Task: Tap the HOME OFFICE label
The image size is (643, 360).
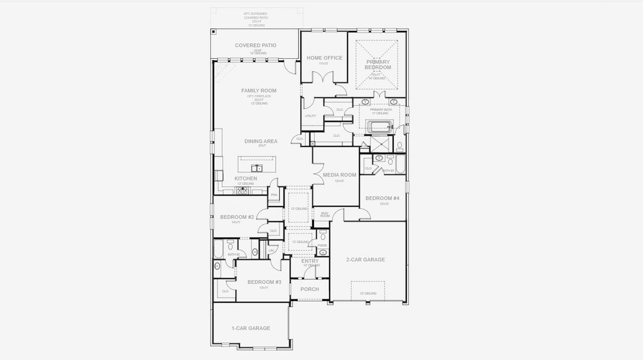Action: click(324, 58)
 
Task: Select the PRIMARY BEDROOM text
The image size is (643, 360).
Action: click(378, 64)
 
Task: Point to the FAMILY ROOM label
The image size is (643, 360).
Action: click(259, 91)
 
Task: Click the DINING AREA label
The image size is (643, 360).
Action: click(261, 142)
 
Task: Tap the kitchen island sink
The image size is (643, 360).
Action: click(256, 168)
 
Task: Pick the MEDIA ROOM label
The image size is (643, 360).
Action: click(339, 175)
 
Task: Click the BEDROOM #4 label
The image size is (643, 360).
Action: click(382, 199)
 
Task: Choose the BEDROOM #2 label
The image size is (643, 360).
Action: click(237, 217)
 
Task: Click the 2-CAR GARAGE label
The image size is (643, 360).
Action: click(365, 260)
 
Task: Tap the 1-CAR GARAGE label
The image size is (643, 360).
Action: click(250, 328)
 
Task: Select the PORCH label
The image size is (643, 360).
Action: click(310, 289)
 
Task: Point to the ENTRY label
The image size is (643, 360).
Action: click(310, 261)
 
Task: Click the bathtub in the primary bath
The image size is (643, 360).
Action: click(378, 127)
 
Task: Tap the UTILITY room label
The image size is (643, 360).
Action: click(310, 116)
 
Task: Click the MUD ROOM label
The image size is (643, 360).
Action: click(325, 214)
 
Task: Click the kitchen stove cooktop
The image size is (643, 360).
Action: click(243, 191)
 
